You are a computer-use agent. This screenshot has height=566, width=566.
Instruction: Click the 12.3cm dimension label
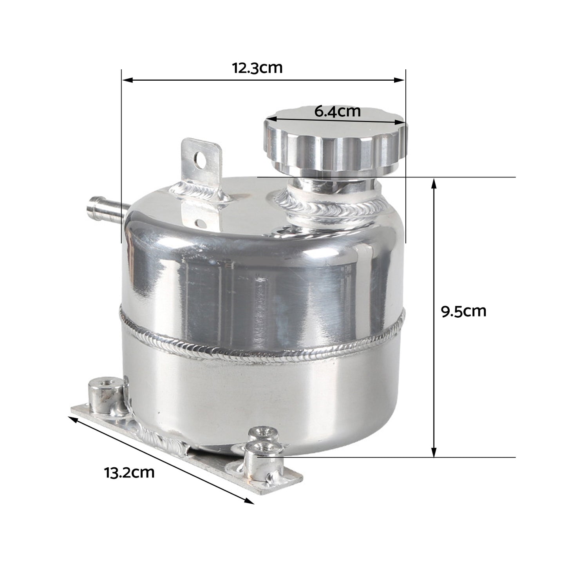257,68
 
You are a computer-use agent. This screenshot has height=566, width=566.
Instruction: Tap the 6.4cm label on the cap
337,112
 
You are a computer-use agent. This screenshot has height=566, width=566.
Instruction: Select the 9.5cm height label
463,312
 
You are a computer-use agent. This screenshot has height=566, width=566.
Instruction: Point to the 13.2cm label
129,472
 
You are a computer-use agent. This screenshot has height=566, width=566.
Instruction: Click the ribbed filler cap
335,145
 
